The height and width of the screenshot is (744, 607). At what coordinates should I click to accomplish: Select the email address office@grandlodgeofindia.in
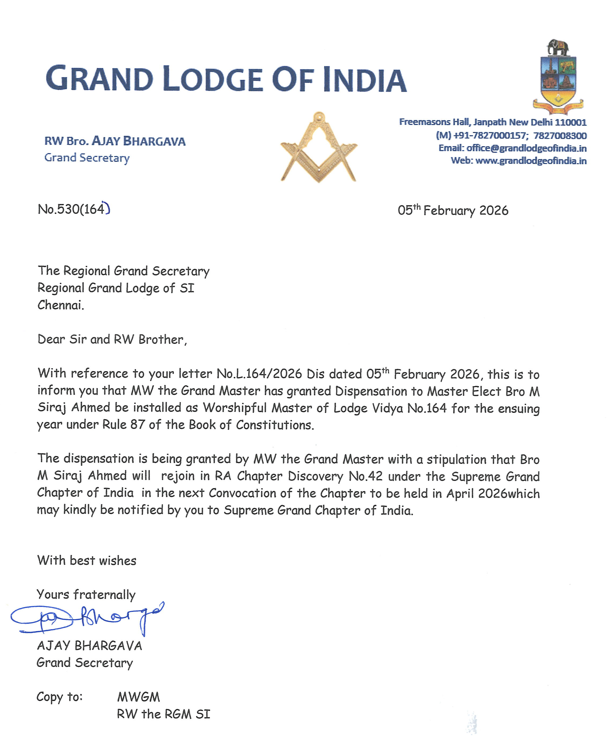(526, 148)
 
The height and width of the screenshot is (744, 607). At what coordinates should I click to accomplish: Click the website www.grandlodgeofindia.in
(531, 161)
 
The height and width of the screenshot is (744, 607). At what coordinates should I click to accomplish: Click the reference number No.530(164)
(74, 209)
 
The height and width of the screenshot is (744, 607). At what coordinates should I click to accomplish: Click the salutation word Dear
(51, 339)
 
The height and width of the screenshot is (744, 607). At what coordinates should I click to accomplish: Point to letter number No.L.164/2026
(259, 374)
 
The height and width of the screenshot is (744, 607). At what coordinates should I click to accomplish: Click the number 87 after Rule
(137, 425)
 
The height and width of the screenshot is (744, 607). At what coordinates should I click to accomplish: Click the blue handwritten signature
(88, 619)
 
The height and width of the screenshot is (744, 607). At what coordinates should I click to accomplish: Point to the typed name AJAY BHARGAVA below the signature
(89, 646)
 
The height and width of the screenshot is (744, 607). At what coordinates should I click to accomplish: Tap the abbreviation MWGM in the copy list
(138, 697)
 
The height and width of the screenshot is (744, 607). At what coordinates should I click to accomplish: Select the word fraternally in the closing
(104, 595)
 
